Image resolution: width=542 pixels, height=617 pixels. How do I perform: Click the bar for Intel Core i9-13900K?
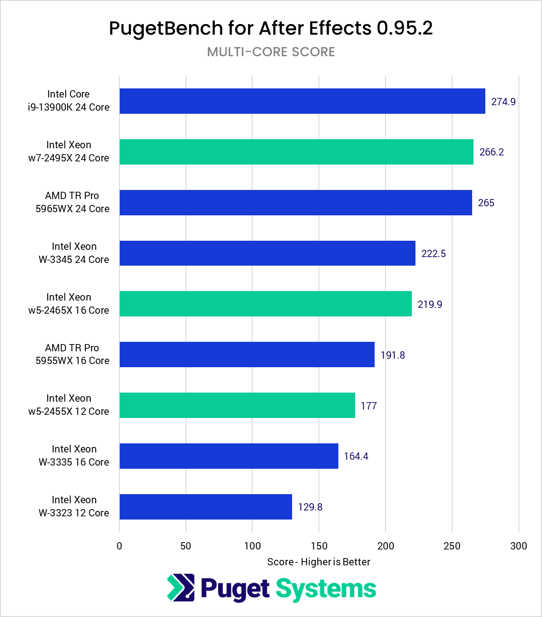pyautogui.click(x=302, y=101)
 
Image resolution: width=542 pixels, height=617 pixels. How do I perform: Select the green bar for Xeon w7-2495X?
pyautogui.click(x=296, y=152)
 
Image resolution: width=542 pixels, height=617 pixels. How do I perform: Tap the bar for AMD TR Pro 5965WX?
pyautogui.click(x=295, y=203)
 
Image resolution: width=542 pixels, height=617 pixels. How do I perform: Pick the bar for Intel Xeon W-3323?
pyautogui.click(x=205, y=507)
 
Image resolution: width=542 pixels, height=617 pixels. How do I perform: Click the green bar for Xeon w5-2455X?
pyautogui.click(x=237, y=405)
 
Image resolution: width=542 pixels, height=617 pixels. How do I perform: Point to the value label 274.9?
pyautogui.click(x=503, y=102)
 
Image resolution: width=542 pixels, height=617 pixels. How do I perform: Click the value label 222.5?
pyautogui.click(x=433, y=253)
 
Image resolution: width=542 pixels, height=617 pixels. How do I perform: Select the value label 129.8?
pyautogui.click(x=310, y=507)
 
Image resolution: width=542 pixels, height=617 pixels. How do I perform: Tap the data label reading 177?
pyautogui.click(x=368, y=406)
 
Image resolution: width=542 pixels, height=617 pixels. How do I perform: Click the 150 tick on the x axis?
pyautogui.click(x=319, y=546)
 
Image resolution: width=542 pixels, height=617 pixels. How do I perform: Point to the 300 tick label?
pyautogui.click(x=518, y=546)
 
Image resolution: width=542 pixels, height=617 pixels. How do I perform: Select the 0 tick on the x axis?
pyautogui.click(x=119, y=546)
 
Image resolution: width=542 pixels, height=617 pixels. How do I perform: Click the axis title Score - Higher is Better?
pyautogui.click(x=318, y=562)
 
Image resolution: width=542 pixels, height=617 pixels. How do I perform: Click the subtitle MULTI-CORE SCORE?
pyautogui.click(x=271, y=52)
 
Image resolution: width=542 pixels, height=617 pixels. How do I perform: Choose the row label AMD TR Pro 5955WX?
pyautogui.click(x=72, y=354)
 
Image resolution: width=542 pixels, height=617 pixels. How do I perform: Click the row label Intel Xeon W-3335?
pyautogui.click(x=74, y=456)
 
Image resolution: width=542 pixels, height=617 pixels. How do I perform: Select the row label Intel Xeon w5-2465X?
pyautogui.click(x=69, y=304)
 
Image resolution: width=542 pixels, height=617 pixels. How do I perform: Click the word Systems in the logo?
pyautogui.click(x=326, y=589)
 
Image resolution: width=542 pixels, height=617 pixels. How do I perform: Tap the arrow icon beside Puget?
pyautogui.click(x=181, y=588)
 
